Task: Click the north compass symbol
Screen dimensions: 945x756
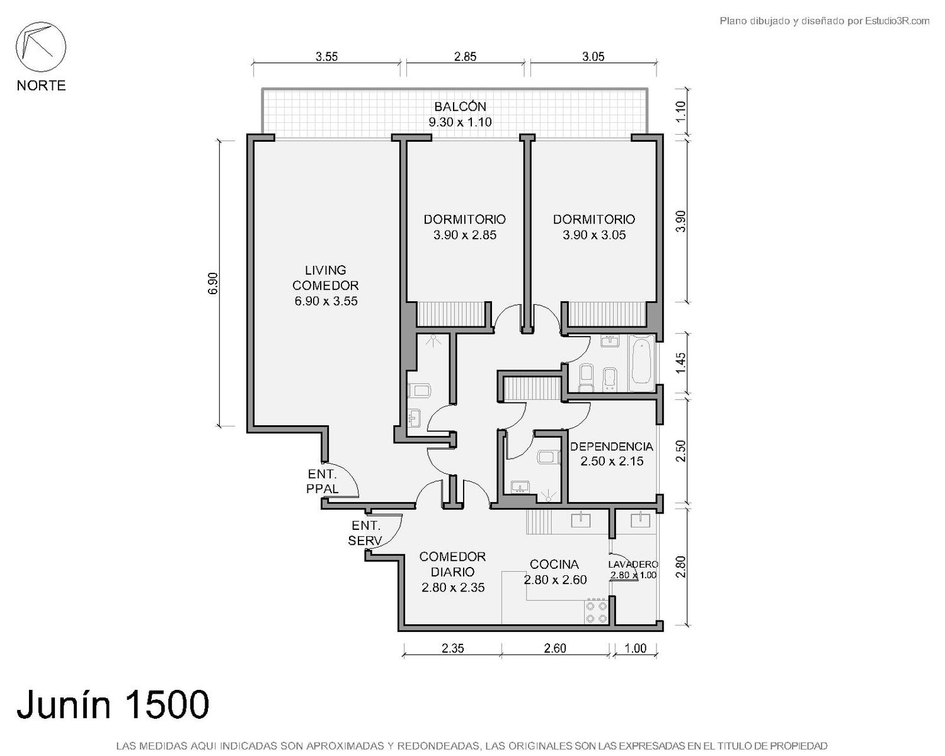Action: pyautogui.click(x=41, y=47)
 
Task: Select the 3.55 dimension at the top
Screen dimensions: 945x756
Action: pyautogui.click(x=327, y=56)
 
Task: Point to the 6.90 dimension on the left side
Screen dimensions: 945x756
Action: pyautogui.click(x=213, y=283)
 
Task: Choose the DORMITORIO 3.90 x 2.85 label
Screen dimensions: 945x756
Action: pyautogui.click(x=464, y=227)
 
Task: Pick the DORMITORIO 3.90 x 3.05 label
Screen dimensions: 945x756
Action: pyautogui.click(x=593, y=227)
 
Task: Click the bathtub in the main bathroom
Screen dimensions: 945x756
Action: pyautogui.click(x=641, y=363)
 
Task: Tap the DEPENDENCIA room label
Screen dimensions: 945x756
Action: pyautogui.click(x=612, y=454)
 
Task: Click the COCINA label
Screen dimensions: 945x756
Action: pyautogui.click(x=555, y=572)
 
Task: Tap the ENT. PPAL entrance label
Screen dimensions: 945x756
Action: pyautogui.click(x=323, y=481)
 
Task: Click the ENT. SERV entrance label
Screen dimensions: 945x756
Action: pyautogui.click(x=365, y=533)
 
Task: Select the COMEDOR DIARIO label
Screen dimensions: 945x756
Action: pyautogui.click(x=453, y=572)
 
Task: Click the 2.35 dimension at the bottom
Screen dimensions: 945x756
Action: pyautogui.click(x=453, y=648)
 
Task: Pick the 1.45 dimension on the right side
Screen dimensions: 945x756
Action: pyautogui.click(x=680, y=363)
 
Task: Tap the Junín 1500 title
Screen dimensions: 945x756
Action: pyautogui.click(x=113, y=704)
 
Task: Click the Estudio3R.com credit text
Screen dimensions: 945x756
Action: pyautogui.click(x=897, y=21)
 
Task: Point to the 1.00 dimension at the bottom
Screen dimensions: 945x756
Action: pyautogui.click(x=636, y=648)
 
